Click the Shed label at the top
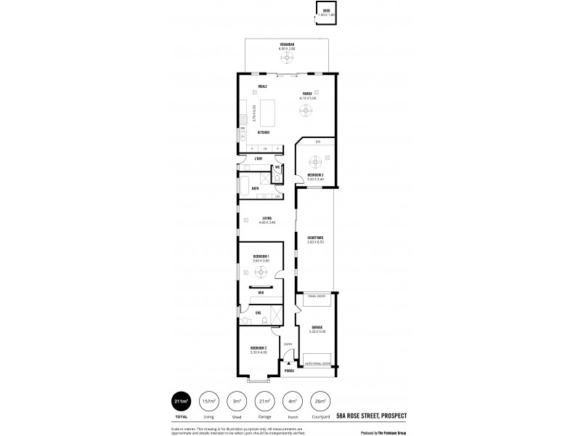tap(326, 9)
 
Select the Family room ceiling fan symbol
tap(307, 110)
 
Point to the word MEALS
tap(253, 86)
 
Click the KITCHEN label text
tap(264, 132)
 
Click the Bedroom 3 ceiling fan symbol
tap(315, 161)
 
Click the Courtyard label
tap(315, 238)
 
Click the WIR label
tap(261, 293)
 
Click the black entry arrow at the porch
tap(288, 363)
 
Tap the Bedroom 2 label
tap(259, 348)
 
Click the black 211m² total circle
tap(179, 401)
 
